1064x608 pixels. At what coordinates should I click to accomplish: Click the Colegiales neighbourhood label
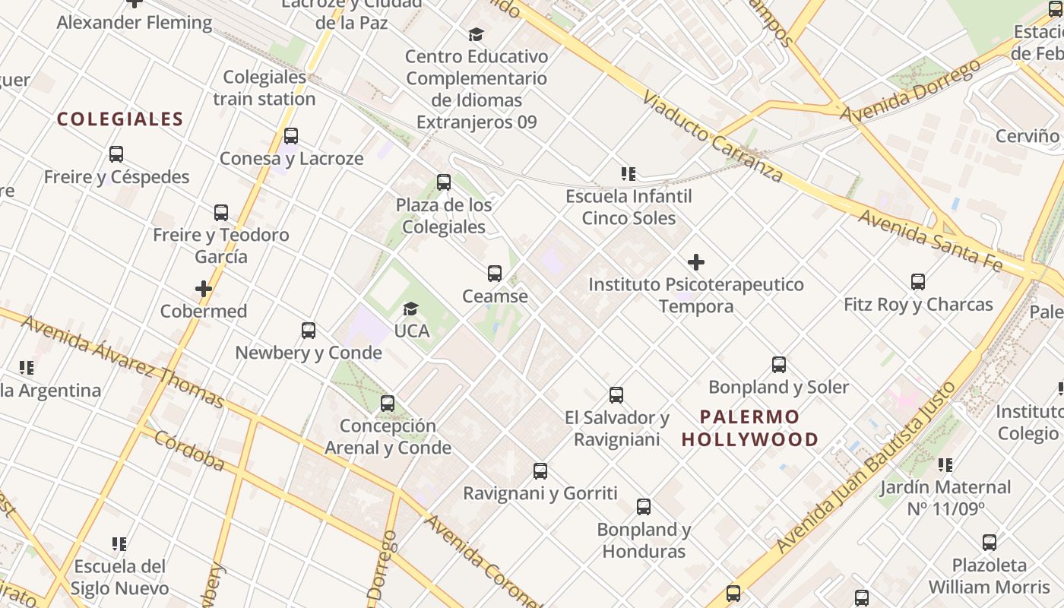pyautogui.click(x=120, y=119)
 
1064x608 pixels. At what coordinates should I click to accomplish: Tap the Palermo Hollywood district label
pyautogui.click(x=750, y=428)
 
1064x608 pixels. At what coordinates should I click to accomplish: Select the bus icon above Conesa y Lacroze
pyautogui.click(x=291, y=136)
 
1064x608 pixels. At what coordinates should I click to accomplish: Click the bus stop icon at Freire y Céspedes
pyautogui.click(x=116, y=154)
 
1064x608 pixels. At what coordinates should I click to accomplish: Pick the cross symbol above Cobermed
pyautogui.click(x=204, y=289)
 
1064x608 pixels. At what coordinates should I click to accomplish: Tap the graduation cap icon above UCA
pyautogui.click(x=411, y=309)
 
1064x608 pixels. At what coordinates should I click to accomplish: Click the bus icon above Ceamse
pyautogui.click(x=495, y=274)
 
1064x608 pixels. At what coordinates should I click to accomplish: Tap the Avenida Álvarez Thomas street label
pyautogui.click(x=122, y=360)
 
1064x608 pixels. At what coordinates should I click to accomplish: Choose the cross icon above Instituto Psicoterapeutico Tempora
pyautogui.click(x=695, y=263)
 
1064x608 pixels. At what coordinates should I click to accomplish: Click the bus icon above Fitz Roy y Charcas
pyautogui.click(x=918, y=282)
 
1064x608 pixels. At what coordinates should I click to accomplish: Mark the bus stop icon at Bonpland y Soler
pyautogui.click(x=779, y=365)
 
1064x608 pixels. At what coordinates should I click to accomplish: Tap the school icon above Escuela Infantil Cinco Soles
pyautogui.click(x=629, y=174)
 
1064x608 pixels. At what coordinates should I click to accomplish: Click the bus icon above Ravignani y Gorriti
pyautogui.click(x=540, y=471)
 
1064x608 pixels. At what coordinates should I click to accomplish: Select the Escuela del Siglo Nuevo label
pyautogui.click(x=120, y=577)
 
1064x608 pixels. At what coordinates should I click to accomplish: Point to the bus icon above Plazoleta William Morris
pyautogui.click(x=990, y=543)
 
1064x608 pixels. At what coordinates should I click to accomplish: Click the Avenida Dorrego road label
pyautogui.click(x=910, y=90)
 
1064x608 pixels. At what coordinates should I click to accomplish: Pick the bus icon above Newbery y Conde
pyautogui.click(x=309, y=331)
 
